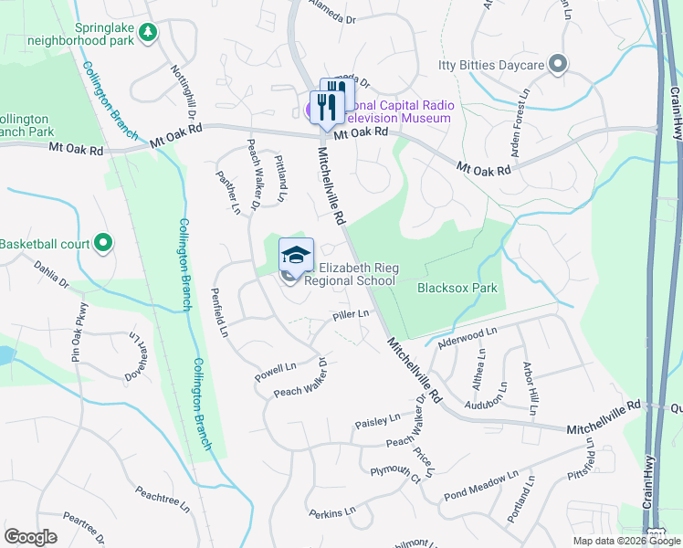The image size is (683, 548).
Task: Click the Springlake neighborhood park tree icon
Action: click(x=148, y=32)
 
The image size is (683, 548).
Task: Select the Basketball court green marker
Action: click(x=103, y=244)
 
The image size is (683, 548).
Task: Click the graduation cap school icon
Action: click(x=296, y=255)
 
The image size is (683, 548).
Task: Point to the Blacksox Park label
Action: click(x=457, y=288)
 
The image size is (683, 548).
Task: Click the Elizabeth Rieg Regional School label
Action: click(x=350, y=274)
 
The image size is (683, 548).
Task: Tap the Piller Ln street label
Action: click(x=351, y=314)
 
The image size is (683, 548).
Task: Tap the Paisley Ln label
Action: click(x=377, y=421)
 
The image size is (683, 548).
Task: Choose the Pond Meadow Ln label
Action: click(x=480, y=487)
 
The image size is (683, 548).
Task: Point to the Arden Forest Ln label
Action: click(x=520, y=123)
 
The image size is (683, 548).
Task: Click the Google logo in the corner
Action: click(x=30, y=537)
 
